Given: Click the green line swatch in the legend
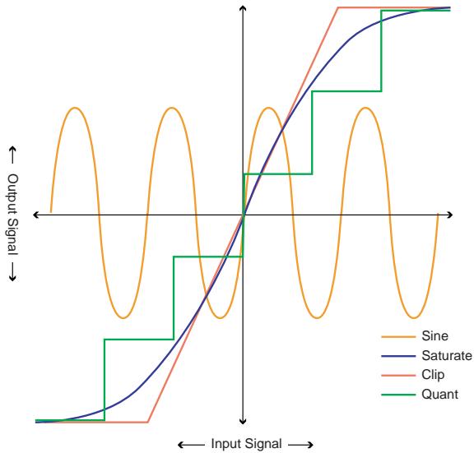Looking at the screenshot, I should pyautogui.click(x=395, y=394).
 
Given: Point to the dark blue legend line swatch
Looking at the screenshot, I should pyautogui.click(x=395, y=355).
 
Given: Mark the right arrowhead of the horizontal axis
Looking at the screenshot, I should pyautogui.click(x=448, y=215).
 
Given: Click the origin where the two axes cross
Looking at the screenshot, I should pyautogui.click(x=243, y=215).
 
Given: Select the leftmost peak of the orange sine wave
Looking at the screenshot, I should pyautogui.click(x=75, y=108).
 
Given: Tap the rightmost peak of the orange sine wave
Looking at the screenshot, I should pyautogui.click(x=364, y=108).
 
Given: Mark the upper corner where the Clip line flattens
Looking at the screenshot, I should pyautogui.click(x=339, y=7).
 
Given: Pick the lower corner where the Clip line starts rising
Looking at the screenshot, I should pyautogui.click(x=147, y=422).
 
